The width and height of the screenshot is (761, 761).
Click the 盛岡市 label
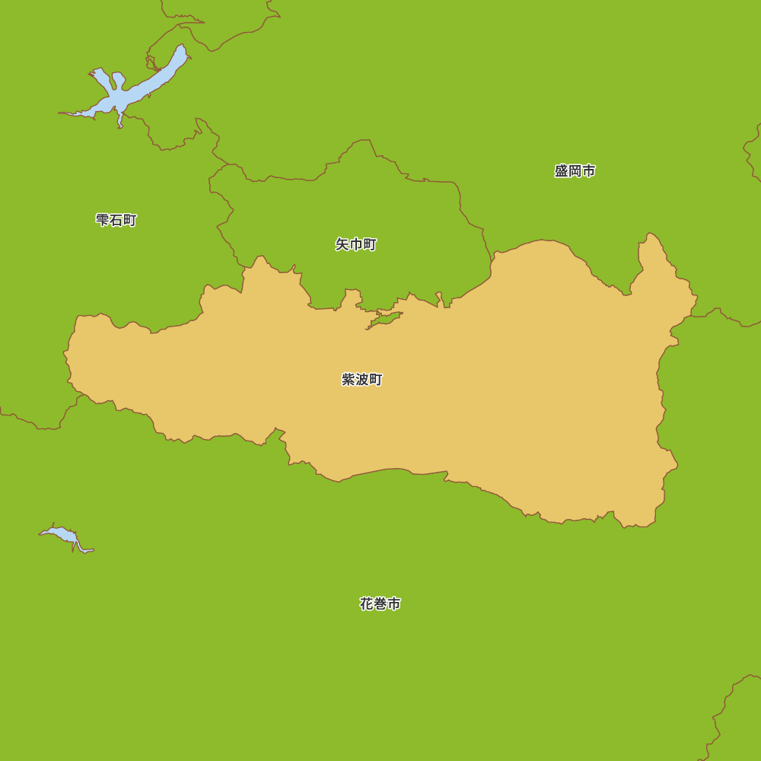coord(575,171)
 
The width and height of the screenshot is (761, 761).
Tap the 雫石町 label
coord(116,220)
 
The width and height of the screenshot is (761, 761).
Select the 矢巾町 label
coord(355,244)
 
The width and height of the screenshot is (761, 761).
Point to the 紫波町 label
coord(361,379)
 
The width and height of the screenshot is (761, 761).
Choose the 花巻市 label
coord(380,603)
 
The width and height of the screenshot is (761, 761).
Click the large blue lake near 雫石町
coord(122,97)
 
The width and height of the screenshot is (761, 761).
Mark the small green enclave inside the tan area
coord(385,319)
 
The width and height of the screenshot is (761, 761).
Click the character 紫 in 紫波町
coord(349,379)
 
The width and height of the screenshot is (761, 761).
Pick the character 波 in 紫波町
coord(361,379)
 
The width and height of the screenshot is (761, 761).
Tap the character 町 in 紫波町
coord(375,379)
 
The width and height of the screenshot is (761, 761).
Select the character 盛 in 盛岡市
coord(562,171)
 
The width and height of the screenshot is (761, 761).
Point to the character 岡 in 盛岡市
coord(575,171)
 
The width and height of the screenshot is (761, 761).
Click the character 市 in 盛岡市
coord(588,171)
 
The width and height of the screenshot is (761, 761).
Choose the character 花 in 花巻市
coord(367,603)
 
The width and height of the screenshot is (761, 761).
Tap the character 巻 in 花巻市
coord(380,603)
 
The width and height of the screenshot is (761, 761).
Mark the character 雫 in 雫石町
coord(103,220)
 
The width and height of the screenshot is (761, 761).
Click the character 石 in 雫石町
coord(116,220)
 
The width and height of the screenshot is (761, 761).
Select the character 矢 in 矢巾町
coord(342,244)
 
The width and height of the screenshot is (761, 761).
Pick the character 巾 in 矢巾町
coord(355,244)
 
